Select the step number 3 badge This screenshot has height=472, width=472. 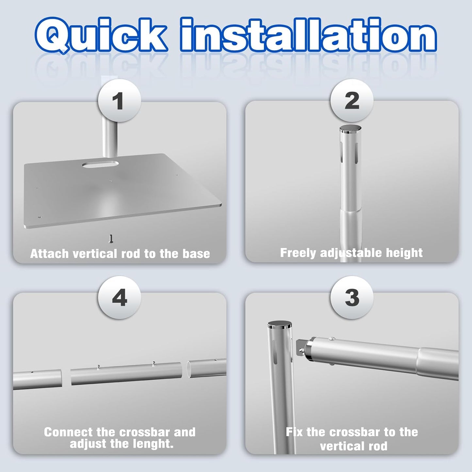(352, 298)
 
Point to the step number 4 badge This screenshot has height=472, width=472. (119, 298)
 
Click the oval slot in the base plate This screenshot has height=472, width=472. (100, 164)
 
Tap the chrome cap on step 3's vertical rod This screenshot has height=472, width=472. (280, 326)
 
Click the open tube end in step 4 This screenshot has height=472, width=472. (189, 369)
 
